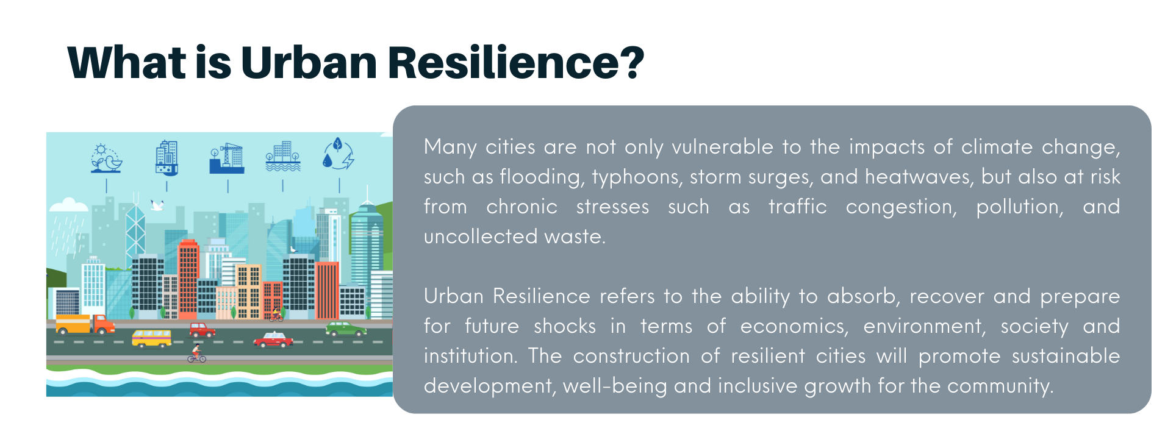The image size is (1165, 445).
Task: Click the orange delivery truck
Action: tap(85, 324)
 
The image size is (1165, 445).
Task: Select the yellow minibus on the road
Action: tap(152, 338)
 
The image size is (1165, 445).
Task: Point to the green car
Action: tap(346, 329)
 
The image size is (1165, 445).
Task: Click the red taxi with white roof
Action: tap(273, 340)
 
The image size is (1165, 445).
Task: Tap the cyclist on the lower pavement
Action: tap(196, 354)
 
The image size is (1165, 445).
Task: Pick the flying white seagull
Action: tap(157, 205)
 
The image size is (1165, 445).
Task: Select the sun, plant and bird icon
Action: tap(106, 158)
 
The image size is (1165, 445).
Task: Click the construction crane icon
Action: tap(227, 158)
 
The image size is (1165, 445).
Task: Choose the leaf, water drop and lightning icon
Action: tap(339, 154)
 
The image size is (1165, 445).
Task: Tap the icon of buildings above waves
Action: tap(283, 157)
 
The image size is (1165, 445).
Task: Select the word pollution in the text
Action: tap(1020, 207)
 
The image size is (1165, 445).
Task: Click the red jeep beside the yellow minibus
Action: tap(202, 330)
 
